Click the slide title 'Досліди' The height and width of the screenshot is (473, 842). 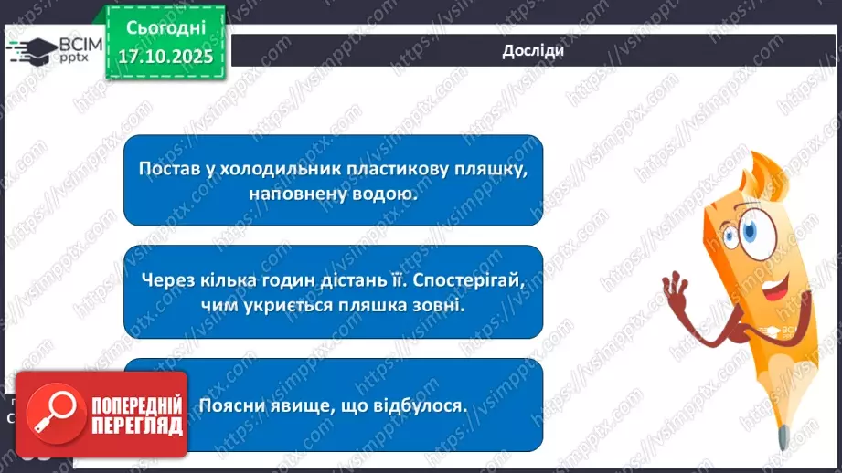coord(532,50)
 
